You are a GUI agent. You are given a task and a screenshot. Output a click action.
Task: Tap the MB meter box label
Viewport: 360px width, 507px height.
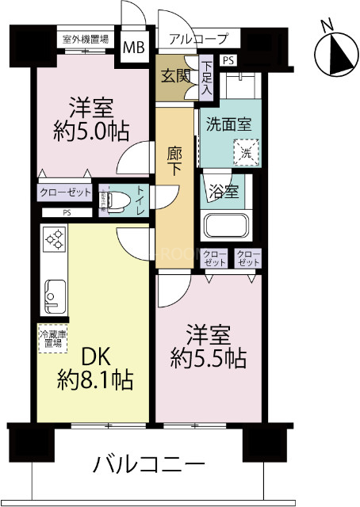click(132, 47)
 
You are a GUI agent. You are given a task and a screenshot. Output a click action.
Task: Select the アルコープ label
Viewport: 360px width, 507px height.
click(198, 38)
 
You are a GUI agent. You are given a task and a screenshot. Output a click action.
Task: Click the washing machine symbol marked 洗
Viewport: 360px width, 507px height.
click(243, 148)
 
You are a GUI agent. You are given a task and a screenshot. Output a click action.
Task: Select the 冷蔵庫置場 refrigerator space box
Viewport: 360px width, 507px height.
click(52, 338)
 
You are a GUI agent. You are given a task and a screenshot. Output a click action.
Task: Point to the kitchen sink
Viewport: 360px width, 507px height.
click(52, 297)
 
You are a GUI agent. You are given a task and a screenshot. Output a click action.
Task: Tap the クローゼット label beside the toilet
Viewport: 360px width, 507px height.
click(65, 193)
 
